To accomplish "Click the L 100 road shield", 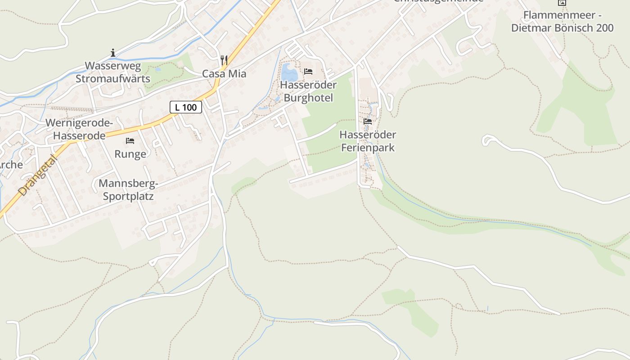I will (185, 107).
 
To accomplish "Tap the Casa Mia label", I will (224, 74).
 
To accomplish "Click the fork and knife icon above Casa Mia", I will (224, 59).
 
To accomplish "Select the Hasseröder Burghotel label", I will (308, 91).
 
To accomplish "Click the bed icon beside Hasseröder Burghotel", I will (308, 71).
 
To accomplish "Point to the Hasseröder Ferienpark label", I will (368, 141).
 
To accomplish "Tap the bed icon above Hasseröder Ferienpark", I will (368, 121).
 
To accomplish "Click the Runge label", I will (130, 154).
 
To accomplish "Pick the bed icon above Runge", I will (130, 141).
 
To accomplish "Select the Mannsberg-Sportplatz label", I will (128, 190).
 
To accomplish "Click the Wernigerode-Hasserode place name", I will (79, 129).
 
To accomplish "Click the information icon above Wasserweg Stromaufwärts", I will (113, 53).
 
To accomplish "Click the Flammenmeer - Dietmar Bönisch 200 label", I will (562, 22).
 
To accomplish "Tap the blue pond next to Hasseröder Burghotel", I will (289, 72).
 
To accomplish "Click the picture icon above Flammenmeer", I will (562, 2).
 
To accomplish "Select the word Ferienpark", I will (368, 148).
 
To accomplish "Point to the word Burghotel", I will (308, 98).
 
